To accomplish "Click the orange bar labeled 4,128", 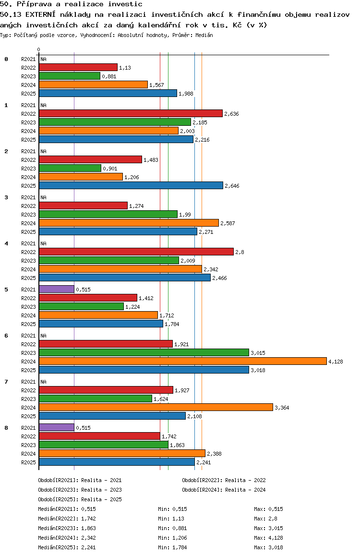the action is pos(183,362).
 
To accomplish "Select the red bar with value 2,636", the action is pos(131,113).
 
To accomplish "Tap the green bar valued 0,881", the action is pos(70,76).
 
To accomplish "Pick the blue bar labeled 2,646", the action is pos(131,185).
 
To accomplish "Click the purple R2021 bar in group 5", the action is pos(57,290).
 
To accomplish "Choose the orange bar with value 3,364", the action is pos(156,408).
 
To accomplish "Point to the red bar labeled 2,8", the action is pos(136,252).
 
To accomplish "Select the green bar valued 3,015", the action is pos(144,352).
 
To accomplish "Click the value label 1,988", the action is pos(186,94).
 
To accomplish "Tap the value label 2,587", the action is pos(228,223).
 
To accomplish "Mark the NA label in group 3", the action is pos(43,197).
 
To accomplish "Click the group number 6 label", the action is pos(6,336).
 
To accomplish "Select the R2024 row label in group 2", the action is pos(28,177).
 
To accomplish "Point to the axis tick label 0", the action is pos(38,49).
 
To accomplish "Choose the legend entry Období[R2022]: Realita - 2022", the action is pos(224,480).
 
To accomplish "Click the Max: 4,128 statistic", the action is pos(269,538).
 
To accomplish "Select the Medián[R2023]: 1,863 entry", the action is pos(67,528).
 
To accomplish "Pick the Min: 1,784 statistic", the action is pos(172,547).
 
